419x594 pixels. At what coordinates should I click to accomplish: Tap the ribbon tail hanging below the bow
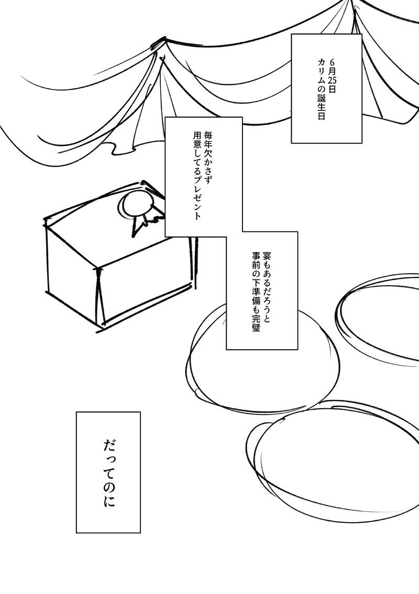click(140, 224)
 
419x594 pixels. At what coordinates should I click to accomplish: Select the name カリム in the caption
click(321, 67)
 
